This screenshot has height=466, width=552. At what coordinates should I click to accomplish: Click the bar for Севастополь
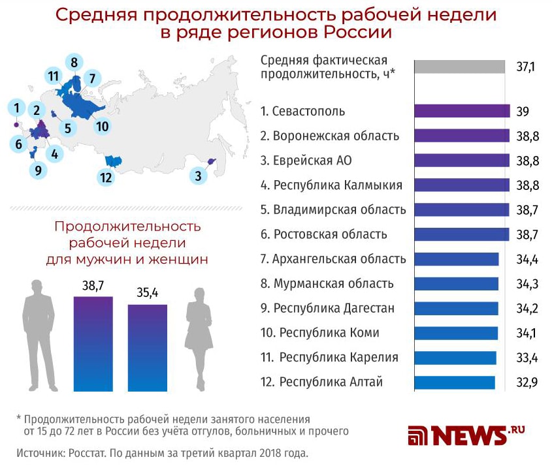461,111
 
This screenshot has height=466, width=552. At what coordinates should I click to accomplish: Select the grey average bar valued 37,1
459,67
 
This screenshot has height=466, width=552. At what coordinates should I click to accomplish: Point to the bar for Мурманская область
456,284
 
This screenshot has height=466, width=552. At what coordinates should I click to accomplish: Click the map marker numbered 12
105,177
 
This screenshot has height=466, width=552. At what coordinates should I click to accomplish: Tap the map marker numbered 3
198,175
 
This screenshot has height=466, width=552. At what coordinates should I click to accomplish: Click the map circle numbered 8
74,63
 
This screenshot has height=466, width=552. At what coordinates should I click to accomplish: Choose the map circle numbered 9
39,171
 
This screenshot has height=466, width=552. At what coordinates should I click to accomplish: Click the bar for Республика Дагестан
456,309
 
